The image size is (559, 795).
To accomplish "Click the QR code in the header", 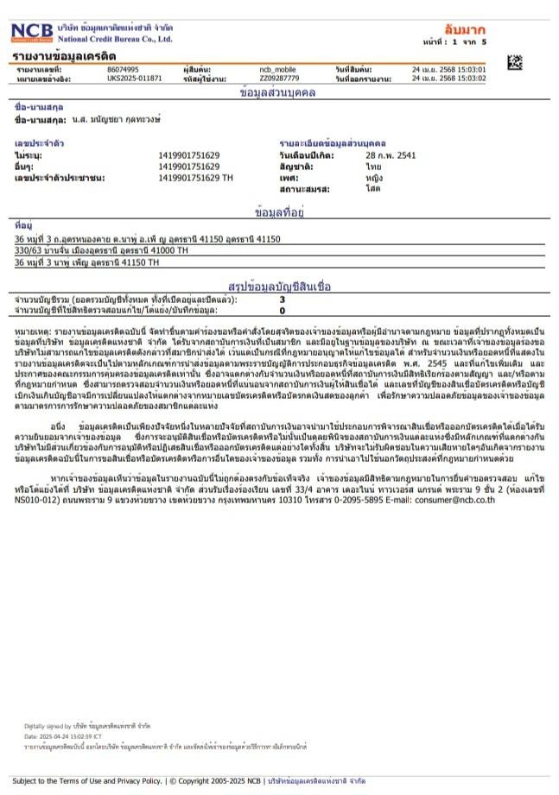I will [515, 61].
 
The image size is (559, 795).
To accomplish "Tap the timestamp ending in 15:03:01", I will [448, 69].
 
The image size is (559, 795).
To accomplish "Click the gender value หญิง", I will [374, 176].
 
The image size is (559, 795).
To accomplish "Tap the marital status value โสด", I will [372, 187].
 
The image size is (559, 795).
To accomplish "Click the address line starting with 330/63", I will [102, 249].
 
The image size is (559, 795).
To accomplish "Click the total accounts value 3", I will [282, 299].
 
